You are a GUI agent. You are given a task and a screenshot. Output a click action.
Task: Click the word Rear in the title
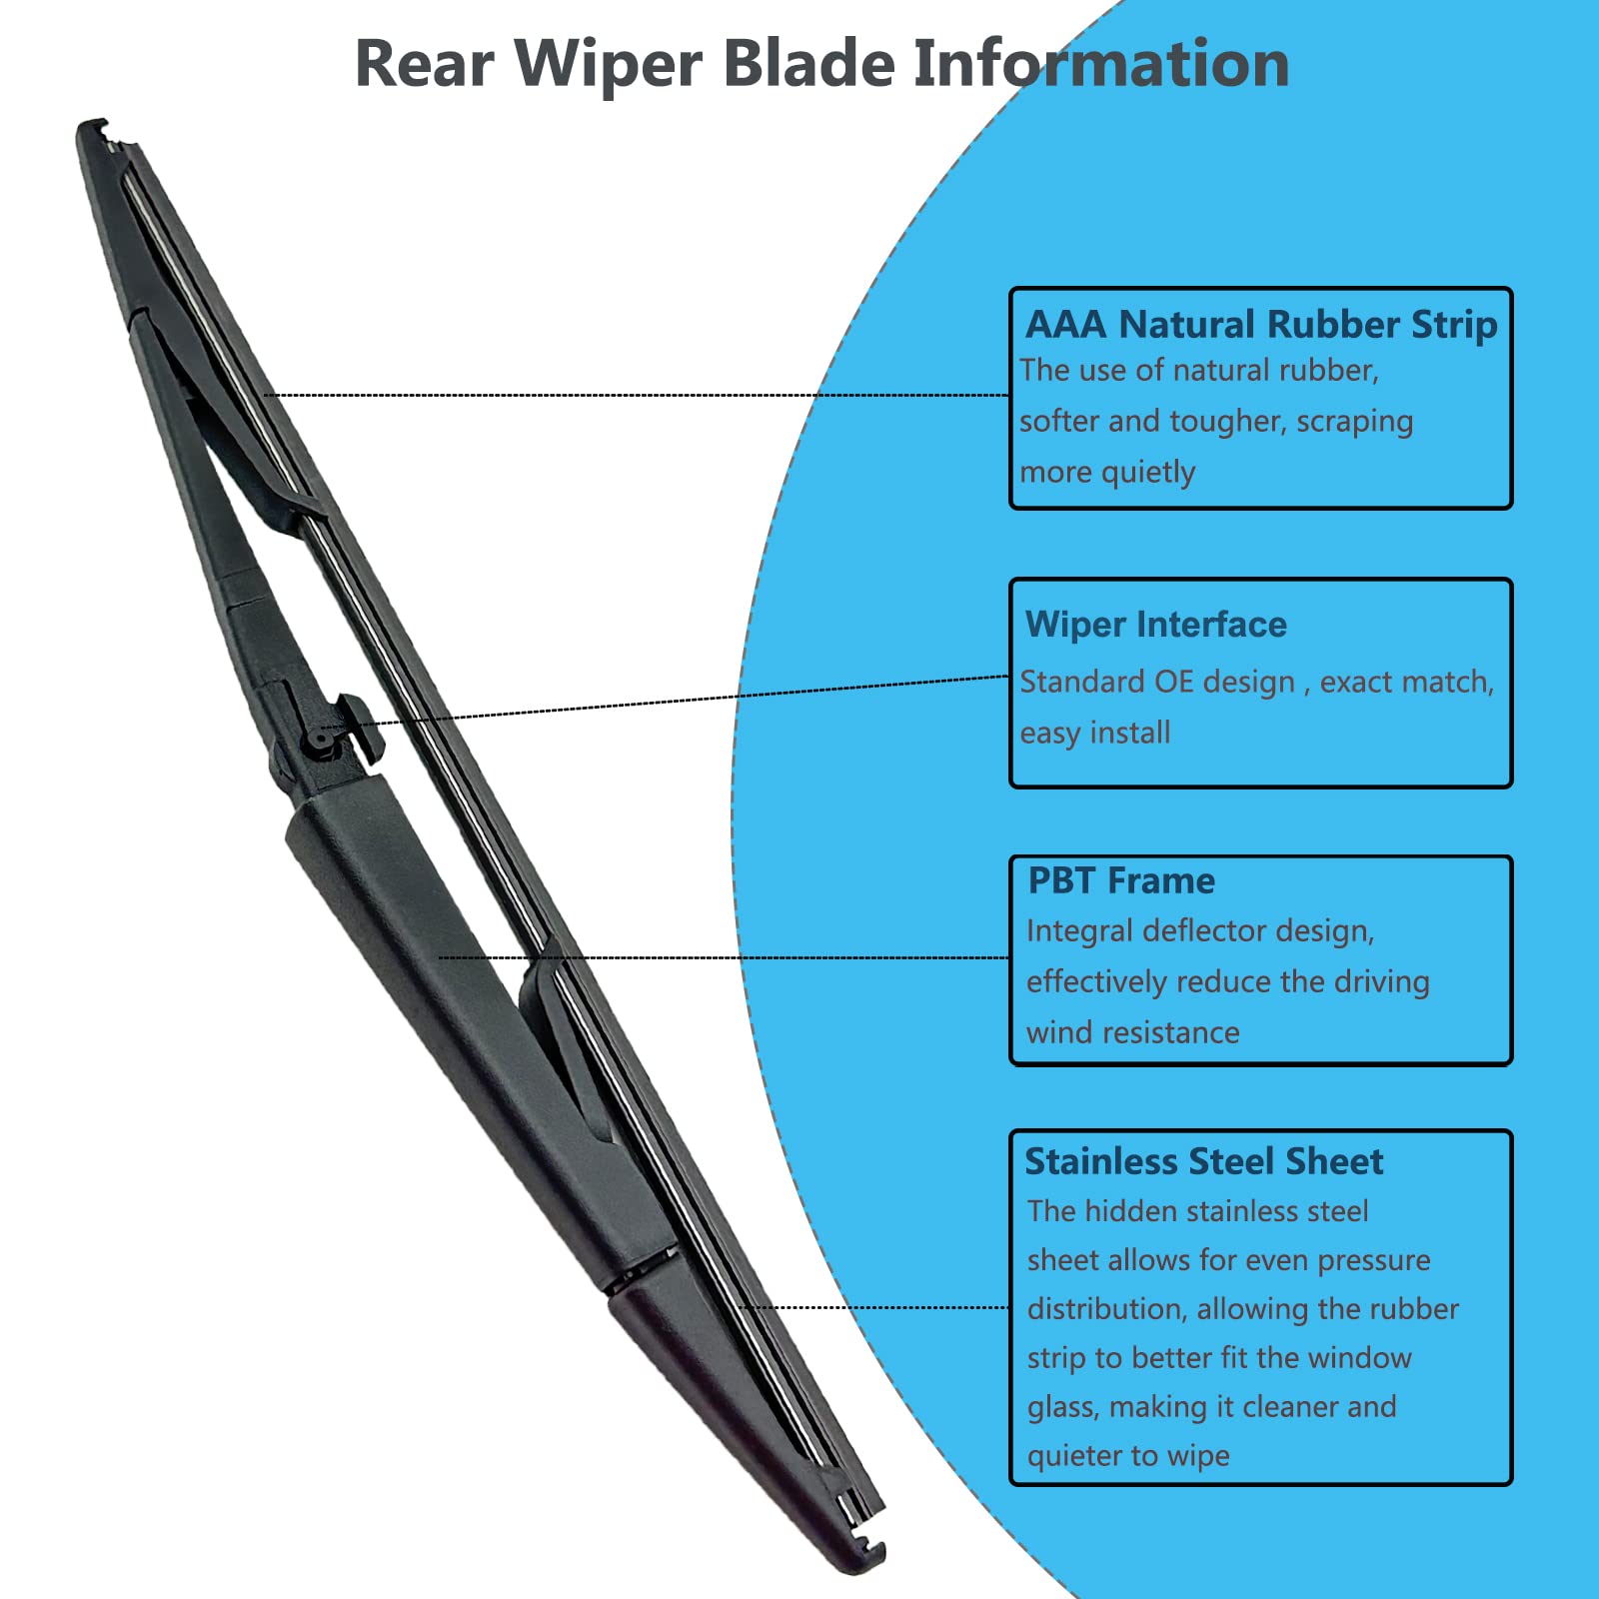click(x=424, y=64)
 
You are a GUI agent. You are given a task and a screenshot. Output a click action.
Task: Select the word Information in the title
click(x=1101, y=64)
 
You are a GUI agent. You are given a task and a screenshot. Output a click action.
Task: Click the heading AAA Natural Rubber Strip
click(x=1261, y=325)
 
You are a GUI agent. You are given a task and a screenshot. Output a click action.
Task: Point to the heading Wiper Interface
click(x=1156, y=625)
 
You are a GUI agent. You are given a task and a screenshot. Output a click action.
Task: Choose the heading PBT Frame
click(x=1121, y=880)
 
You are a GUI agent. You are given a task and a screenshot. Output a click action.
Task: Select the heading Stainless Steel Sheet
click(x=1204, y=1161)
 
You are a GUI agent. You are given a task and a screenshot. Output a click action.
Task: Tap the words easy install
click(x=1095, y=733)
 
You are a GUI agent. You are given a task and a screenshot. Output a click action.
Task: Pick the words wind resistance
click(x=1133, y=1032)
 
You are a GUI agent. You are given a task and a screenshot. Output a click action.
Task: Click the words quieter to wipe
click(x=1128, y=1456)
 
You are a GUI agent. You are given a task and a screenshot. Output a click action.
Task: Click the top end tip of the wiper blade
click(x=93, y=129)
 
